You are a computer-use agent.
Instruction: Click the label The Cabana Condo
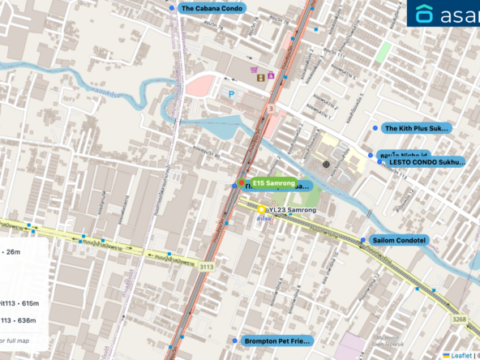(212, 8)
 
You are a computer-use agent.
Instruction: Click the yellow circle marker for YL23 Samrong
(262, 209)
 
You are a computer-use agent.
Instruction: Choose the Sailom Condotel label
(397, 240)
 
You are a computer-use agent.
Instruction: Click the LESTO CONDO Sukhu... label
(426, 162)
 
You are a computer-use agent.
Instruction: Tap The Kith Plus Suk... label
(415, 128)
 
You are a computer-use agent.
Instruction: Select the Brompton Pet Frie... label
(276, 341)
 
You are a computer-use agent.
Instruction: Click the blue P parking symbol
(232, 94)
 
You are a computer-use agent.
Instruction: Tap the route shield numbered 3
(269, 108)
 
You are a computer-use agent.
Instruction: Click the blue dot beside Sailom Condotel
(362, 240)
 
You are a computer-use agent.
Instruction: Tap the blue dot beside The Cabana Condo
(172, 8)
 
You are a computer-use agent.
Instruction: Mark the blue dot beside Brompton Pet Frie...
(236, 341)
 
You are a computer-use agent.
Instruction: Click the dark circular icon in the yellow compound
(326, 164)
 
